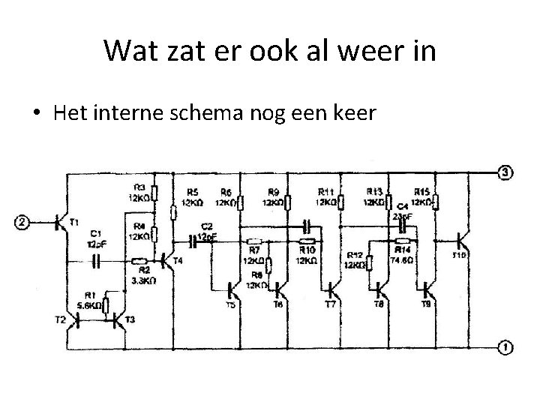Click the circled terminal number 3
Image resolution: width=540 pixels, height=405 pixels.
(x=507, y=172)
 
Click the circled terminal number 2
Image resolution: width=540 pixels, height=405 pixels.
(x=22, y=223)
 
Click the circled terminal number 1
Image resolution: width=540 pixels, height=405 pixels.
(x=507, y=347)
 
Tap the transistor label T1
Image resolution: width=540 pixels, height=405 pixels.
(x=73, y=222)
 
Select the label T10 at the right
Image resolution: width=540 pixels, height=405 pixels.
(x=459, y=255)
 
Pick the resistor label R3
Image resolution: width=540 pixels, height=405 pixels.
(x=139, y=187)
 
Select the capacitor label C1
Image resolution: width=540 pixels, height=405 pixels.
(x=95, y=233)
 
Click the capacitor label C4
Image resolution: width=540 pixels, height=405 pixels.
(x=402, y=205)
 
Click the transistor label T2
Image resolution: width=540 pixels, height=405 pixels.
(x=61, y=319)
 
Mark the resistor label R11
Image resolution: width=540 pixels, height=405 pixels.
(x=326, y=192)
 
